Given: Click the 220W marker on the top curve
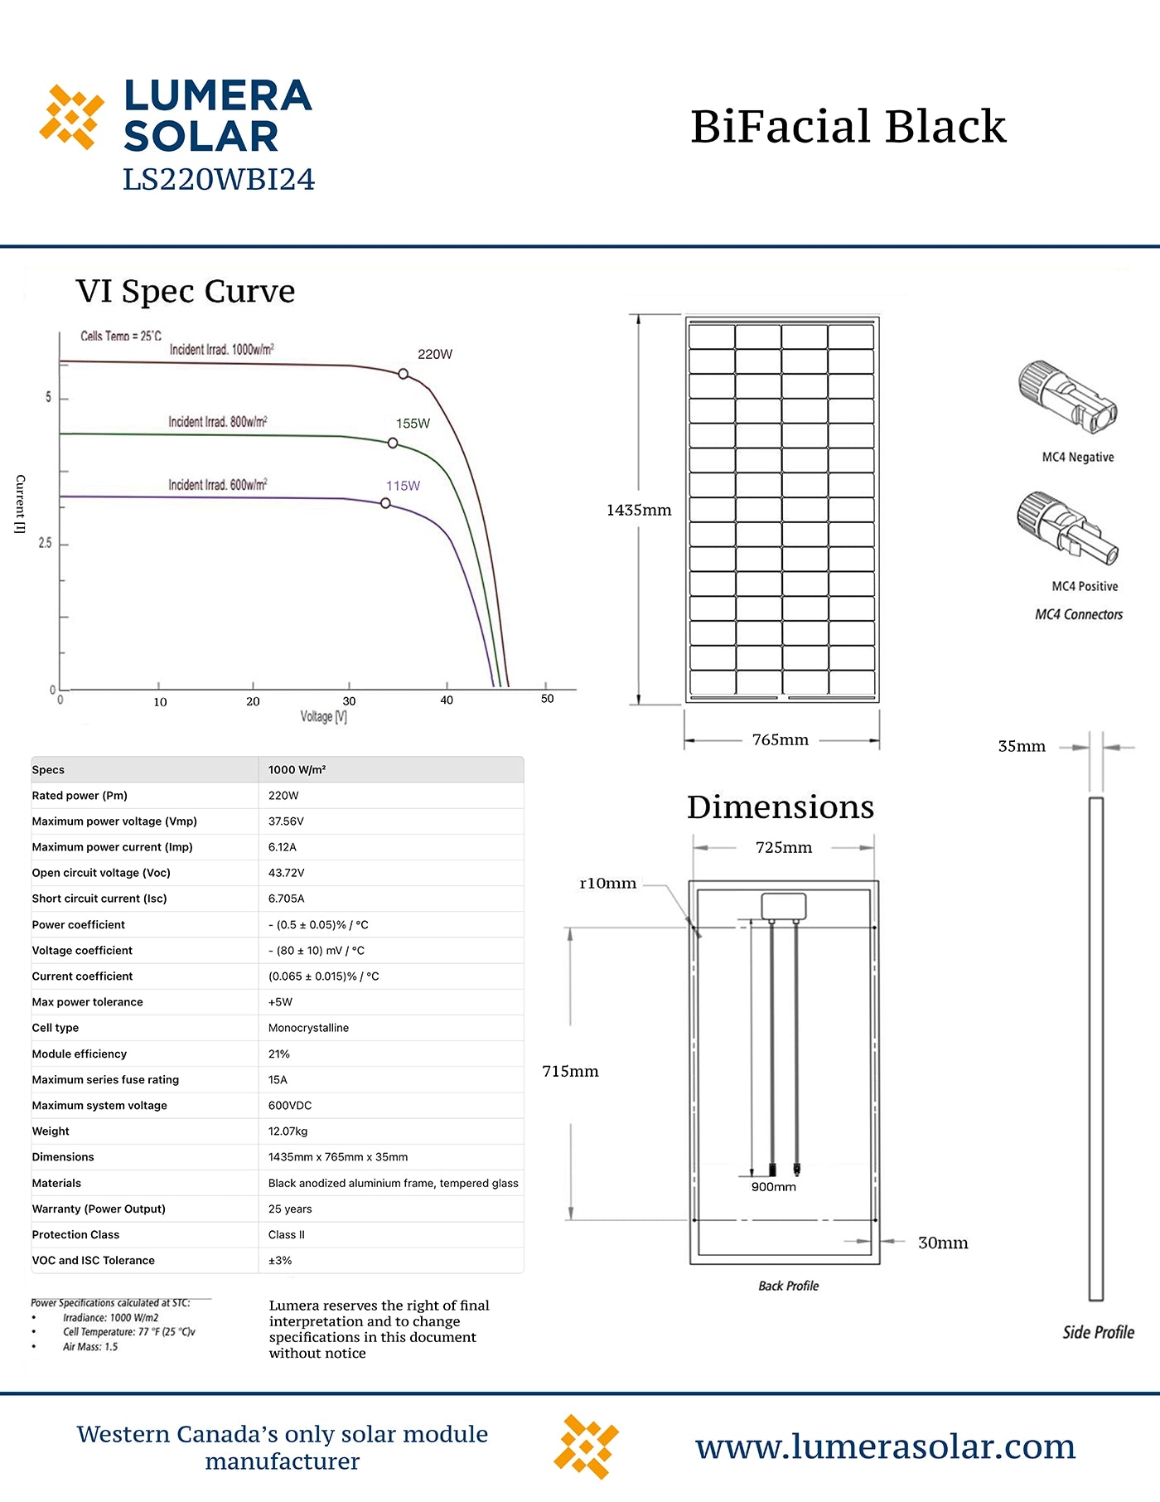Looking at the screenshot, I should click(404, 374).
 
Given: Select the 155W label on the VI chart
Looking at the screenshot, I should click(413, 424).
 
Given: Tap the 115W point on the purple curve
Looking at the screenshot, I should click(385, 503).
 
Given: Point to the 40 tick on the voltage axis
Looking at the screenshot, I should click(447, 700).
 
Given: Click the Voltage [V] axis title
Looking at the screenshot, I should click(323, 717).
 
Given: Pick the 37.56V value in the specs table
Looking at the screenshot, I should click(286, 821).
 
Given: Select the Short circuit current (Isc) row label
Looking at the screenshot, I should click(99, 899).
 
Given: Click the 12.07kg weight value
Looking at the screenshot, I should click(288, 1131).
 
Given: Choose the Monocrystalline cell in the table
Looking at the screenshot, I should click(308, 1028).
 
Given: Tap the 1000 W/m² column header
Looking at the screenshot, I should click(297, 770).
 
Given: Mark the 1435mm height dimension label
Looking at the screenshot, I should click(639, 510).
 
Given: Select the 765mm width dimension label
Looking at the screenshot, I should click(781, 739).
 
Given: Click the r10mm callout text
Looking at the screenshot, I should click(608, 884).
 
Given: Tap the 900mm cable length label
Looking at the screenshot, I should click(773, 1187).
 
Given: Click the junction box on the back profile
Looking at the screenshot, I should click(784, 906).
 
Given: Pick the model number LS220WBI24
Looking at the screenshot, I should click(219, 180).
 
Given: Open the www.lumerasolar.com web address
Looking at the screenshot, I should click(885, 1446).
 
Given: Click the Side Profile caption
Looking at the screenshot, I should click(1098, 1332).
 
